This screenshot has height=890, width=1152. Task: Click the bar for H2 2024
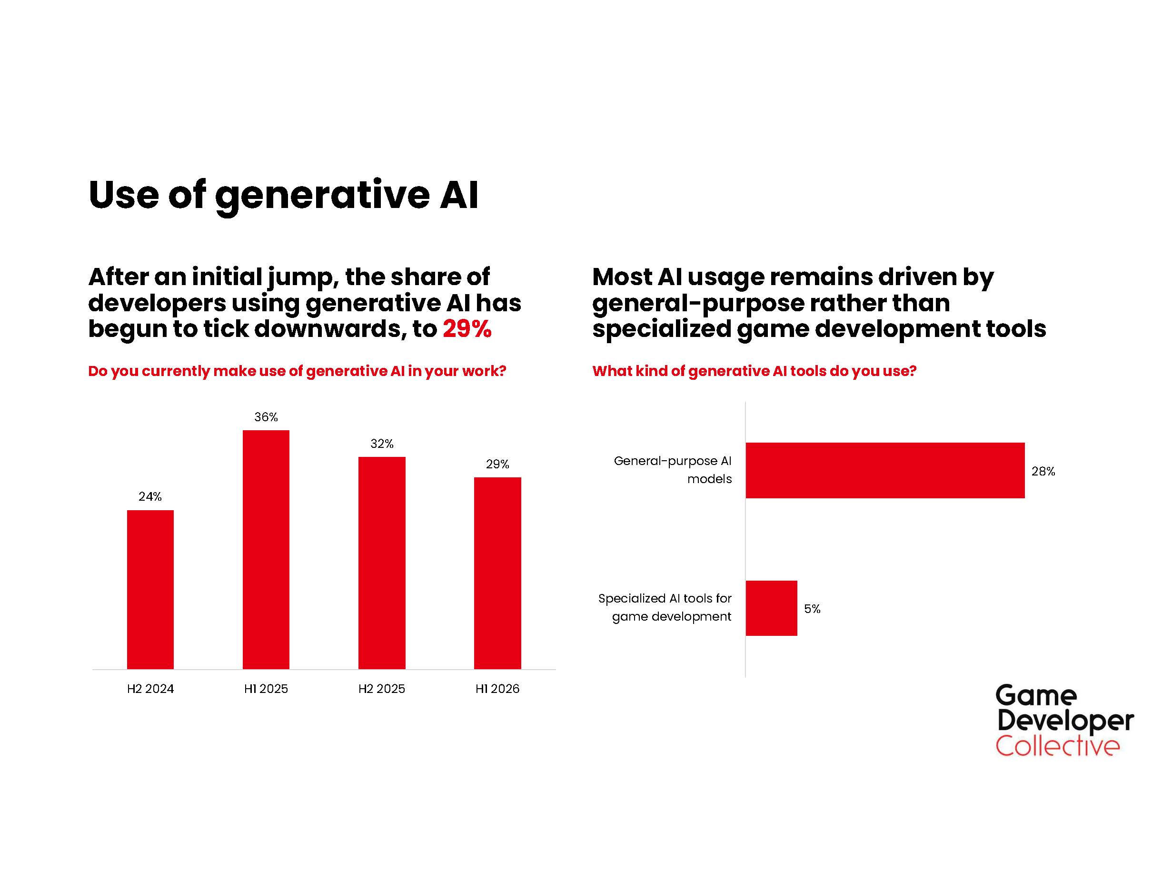[150, 590]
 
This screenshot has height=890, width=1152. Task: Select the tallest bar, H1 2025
[266, 549]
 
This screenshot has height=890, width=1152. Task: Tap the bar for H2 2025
[382, 563]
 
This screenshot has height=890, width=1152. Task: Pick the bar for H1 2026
[497, 573]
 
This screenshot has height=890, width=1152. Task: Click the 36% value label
[266, 417]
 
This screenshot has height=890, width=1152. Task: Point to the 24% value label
[150, 496]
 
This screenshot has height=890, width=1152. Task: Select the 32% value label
[382, 444]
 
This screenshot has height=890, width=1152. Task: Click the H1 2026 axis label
[497, 689]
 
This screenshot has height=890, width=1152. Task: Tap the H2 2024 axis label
[150, 689]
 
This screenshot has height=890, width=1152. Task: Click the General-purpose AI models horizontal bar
[884, 470]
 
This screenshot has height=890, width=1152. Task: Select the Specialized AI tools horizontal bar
[771, 608]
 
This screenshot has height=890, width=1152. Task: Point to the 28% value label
[1043, 471]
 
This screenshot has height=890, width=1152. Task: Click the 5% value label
[812, 609]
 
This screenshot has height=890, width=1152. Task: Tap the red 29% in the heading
[467, 329]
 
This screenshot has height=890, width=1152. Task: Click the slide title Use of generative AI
[283, 195]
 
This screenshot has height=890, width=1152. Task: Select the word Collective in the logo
[1057, 746]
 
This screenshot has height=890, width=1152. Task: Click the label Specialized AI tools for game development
[665, 607]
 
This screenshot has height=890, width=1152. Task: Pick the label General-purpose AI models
[674, 469]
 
